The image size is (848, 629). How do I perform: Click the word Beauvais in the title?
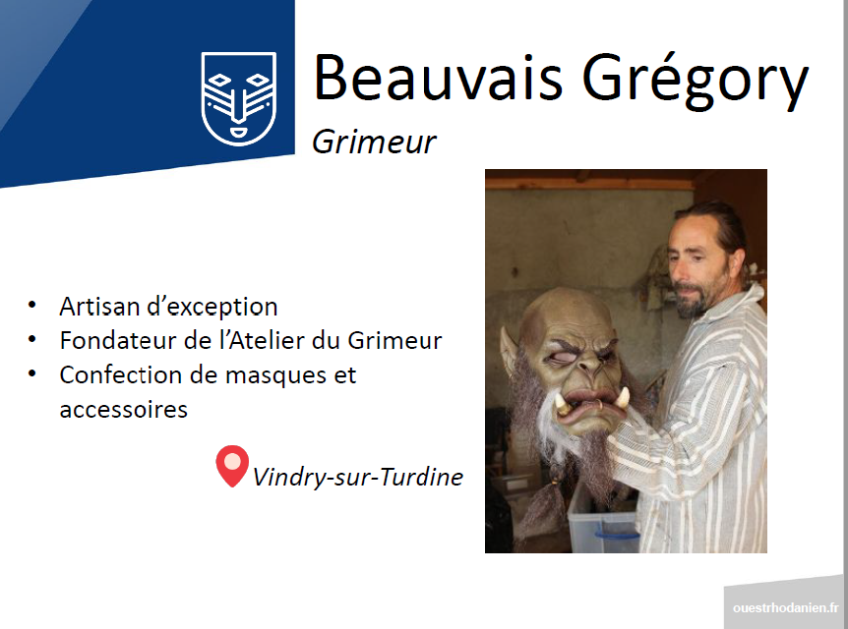pyautogui.click(x=438, y=78)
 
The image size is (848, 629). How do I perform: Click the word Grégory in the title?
pyautogui.click(x=695, y=80)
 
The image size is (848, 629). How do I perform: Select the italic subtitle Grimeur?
pyautogui.click(x=374, y=143)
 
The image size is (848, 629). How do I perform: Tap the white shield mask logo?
pyautogui.click(x=238, y=98)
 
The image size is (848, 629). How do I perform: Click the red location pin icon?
pyautogui.click(x=232, y=465)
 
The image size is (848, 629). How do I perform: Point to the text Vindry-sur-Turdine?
pyautogui.click(x=357, y=477)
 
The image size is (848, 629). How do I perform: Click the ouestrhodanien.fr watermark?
pyautogui.click(x=786, y=608)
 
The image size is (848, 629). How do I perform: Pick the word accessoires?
pyautogui.click(x=123, y=410)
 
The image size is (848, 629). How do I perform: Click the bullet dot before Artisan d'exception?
pyautogui.click(x=32, y=305)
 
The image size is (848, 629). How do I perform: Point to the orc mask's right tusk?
pyautogui.click(x=623, y=398)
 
